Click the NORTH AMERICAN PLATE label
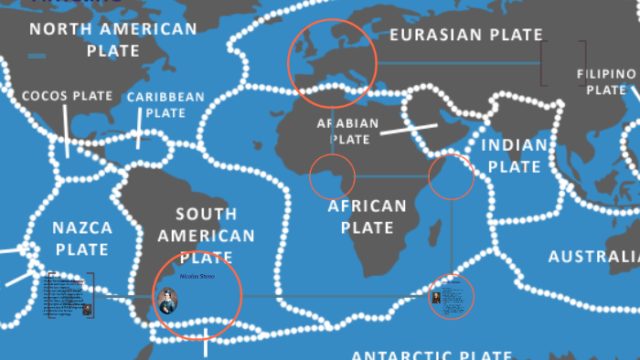(x=113, y=38)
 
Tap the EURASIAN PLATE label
(x=466, y=35)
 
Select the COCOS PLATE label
(x=68, y=95)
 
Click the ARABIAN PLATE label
(x=347, y=132)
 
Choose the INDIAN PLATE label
(x=515, y=155)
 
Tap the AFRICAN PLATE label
(x=367, y=217)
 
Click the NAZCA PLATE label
(x=82, y=238)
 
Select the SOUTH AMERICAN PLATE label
(x=207, y=236)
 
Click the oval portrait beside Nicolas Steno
(x=167, y=299)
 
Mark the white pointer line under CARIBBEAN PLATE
(x=139, y=134)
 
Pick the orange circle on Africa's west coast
(x=332, y=176)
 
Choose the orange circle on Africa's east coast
(x=452, y=177)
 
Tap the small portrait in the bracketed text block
(x=88, y=310)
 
